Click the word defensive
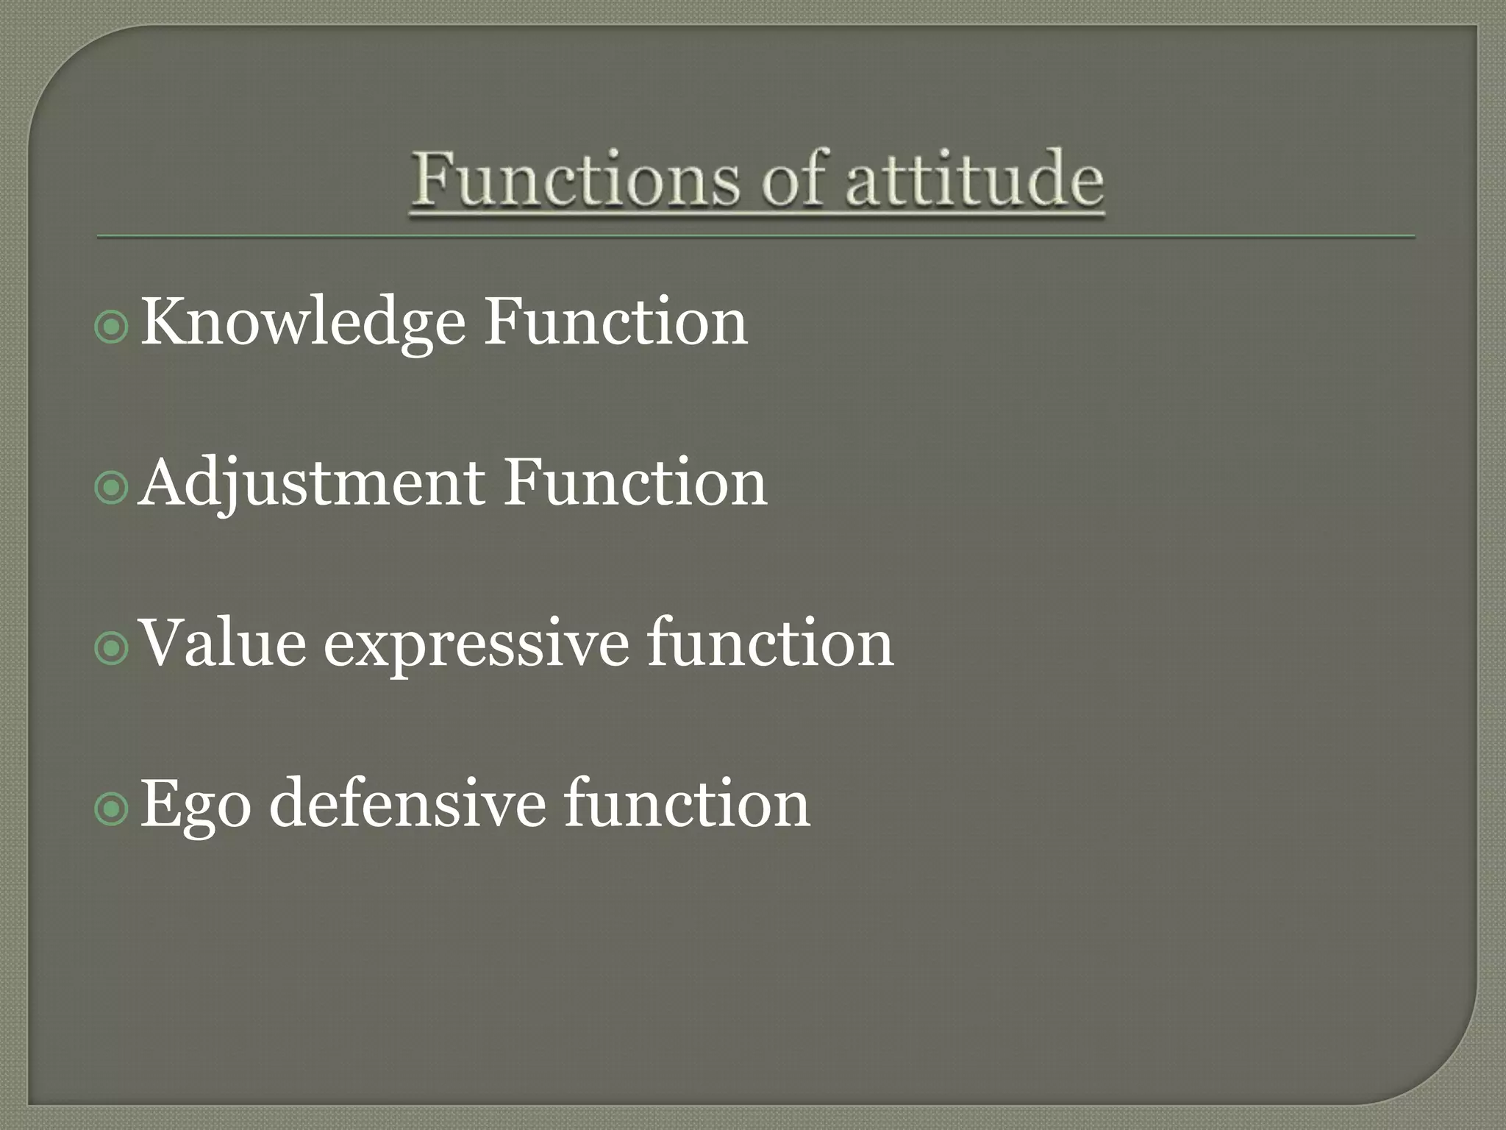407,803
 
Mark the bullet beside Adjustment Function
112,488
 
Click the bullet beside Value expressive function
112,648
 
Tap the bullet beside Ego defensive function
112,809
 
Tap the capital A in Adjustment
163,482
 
